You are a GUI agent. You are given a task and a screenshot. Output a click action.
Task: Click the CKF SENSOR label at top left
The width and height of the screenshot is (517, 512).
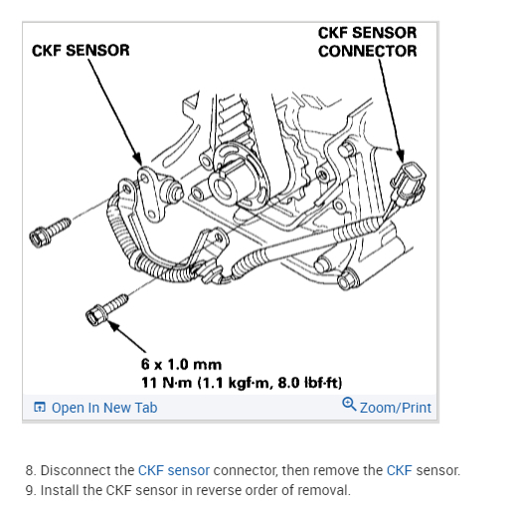coord(81,51)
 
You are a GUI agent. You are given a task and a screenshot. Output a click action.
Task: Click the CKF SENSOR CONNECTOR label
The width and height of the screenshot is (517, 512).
coord(367,42)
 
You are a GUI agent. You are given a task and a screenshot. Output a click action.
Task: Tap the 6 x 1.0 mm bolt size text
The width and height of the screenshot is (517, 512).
coord(181,365)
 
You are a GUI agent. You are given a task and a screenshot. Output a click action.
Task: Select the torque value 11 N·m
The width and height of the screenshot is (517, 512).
coord(166,383)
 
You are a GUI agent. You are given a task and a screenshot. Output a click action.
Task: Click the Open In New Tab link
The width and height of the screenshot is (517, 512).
coord(104,408)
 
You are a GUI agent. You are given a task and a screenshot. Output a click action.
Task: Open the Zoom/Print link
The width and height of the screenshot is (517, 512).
coord(396,408)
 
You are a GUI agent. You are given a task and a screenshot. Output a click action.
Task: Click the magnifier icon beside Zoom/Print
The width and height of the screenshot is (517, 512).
coord(349,405)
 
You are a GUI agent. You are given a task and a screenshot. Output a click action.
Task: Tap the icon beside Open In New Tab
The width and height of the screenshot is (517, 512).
coord(40,407)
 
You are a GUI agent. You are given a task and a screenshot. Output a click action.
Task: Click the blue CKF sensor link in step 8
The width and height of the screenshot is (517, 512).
coord(174,470)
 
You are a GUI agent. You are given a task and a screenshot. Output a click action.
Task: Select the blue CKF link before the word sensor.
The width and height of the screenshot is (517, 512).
coord(400,470)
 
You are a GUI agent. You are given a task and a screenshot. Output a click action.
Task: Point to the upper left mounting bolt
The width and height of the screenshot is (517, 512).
coord(50,232)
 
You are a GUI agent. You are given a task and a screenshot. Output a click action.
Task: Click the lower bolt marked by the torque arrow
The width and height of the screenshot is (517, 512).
coord(106,310)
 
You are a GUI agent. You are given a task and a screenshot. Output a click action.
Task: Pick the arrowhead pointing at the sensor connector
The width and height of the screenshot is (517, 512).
coord(401,156)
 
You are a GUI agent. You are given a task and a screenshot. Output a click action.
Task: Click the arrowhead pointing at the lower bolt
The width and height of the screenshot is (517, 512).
coord(113,325)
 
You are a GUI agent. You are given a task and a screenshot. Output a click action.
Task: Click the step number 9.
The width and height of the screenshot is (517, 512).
coord(31,490)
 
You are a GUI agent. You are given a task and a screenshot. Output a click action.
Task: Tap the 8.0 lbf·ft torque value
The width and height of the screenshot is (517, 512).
coord(310,383)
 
